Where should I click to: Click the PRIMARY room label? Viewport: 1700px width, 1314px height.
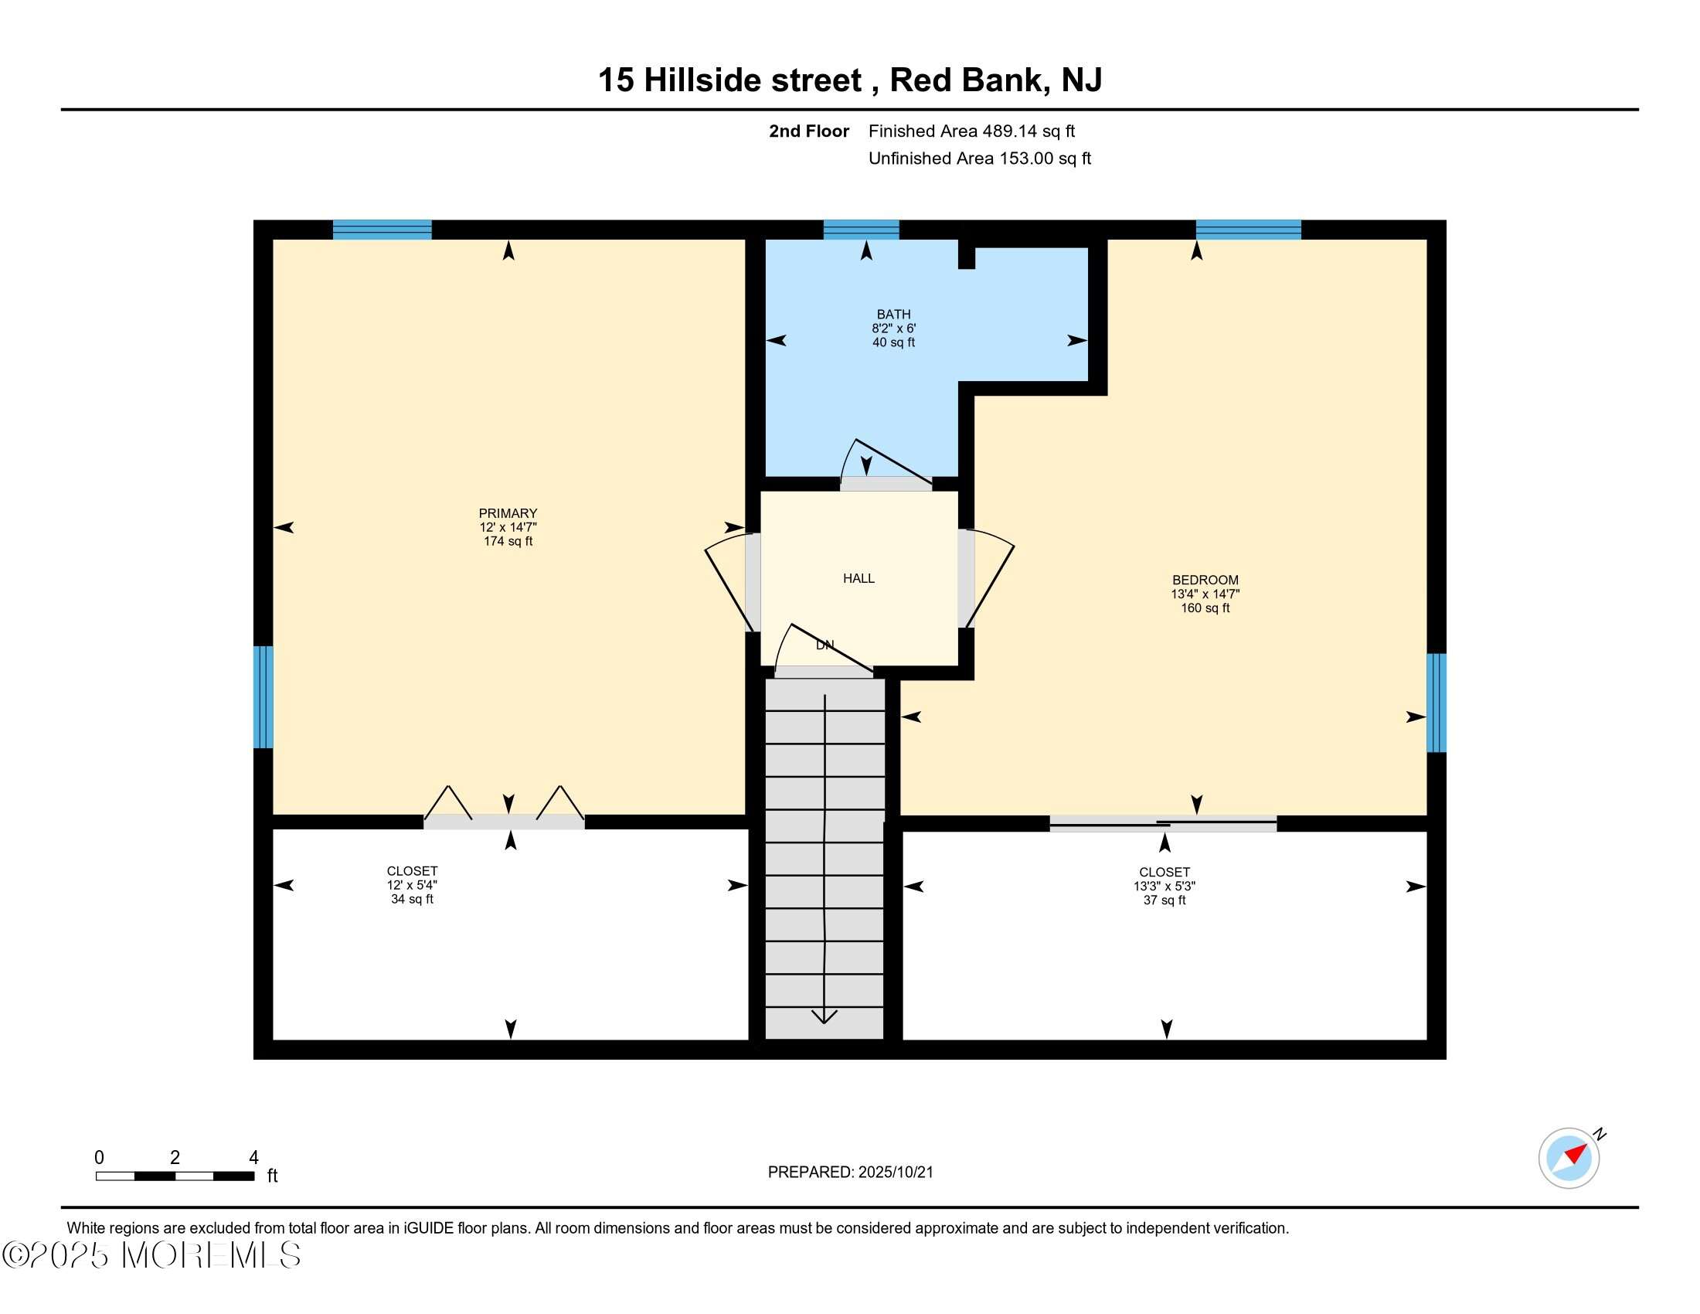(508, 514)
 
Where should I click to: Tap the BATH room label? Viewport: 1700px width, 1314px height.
(892, 315)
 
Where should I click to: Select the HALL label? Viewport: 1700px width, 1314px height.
(858, 578)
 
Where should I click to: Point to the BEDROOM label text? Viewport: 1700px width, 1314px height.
(1205, 580)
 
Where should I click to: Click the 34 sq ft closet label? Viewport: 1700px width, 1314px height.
(412, 885)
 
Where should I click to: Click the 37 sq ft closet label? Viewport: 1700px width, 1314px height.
(1164, 887)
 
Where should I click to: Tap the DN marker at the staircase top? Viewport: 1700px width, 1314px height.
(824, 645)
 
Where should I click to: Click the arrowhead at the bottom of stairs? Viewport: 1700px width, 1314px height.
(824, 1016)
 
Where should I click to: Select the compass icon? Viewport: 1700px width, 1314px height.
(1569, 1158)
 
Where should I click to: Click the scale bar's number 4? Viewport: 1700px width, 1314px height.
(253, 1158)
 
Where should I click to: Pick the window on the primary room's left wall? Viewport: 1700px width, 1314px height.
(263, 696)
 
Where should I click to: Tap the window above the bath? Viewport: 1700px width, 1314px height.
(861, 230)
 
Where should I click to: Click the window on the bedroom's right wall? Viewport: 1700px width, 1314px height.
(1436, 703)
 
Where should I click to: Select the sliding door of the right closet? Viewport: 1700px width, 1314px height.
(1163, 824)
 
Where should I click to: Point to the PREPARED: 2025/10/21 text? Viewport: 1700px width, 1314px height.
(850, 1173)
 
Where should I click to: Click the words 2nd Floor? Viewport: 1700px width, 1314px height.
(808, 131)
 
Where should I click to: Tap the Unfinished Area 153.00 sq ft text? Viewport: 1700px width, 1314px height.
(979, 158)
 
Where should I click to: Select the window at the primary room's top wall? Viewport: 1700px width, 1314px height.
(382, 230)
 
